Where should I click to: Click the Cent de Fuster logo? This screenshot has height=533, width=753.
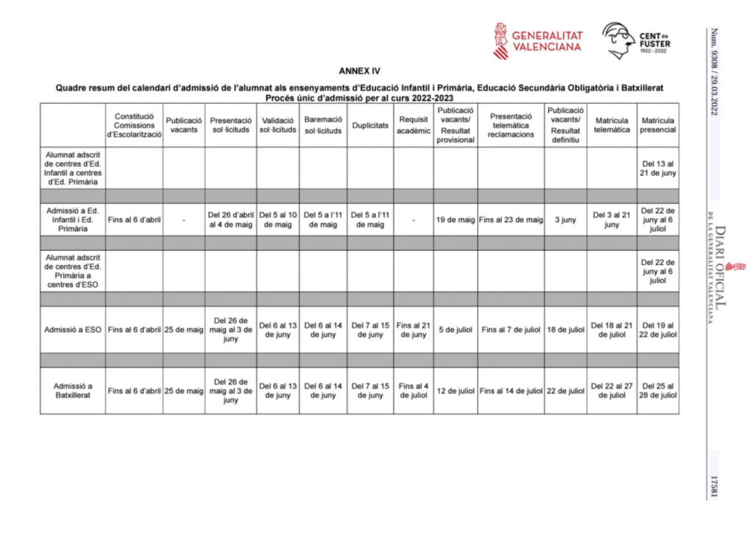click(x=636, y=40)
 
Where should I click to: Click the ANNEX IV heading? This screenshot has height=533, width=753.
click(x=360, y=72)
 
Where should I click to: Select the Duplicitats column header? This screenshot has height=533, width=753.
click(x=370, y=125)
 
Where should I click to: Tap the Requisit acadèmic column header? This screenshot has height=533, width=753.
click(x=413, y=125)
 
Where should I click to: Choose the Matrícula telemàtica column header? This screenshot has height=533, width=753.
click(x=612, y=125)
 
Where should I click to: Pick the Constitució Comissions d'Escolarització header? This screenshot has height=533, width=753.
click(x=134, y=125)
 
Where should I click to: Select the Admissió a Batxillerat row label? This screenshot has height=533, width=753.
click(x=73, y=390)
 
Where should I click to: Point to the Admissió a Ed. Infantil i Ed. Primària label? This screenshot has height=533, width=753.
click(x=73, y=219)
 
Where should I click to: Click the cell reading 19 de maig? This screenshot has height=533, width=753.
click(x=455, y=219)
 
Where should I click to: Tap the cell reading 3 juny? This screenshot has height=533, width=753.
click(x=565, y=219)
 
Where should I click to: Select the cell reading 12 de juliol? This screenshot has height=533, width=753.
click(x=455, y=391)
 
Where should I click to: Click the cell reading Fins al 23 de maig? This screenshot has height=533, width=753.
click(x=510, y=219)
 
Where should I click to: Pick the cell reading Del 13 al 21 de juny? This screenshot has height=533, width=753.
click(x=657, y=168)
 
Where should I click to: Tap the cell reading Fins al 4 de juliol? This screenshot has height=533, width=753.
click(x=413, y=390)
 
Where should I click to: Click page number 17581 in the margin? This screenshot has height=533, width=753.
click(x=713, y=487)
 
